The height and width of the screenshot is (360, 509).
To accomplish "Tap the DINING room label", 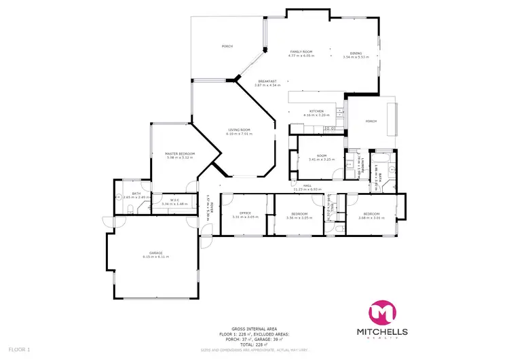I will pos(356,53).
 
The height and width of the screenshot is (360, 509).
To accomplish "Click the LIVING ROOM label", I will pos(239,130).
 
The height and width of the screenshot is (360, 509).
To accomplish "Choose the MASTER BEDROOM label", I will pos(180,154).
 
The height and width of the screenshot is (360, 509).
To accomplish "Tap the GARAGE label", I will pos(155,254).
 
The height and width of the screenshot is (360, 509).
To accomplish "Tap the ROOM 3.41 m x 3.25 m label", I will pos(318,158).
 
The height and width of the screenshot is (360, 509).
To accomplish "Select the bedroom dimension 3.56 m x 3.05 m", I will pos(299,218).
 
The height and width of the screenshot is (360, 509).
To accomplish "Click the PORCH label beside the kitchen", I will pos(371,121).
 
